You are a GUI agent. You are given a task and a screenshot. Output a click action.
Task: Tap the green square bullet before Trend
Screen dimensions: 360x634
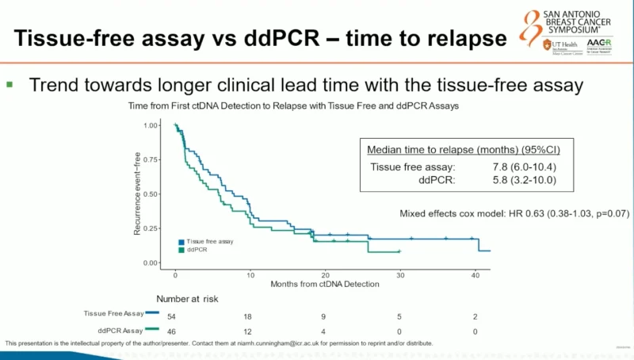[10, 83]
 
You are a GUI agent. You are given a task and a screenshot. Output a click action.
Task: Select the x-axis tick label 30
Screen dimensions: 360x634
[400, 274]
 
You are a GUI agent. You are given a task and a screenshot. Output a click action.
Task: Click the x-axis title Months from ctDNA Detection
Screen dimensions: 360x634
[325, 283]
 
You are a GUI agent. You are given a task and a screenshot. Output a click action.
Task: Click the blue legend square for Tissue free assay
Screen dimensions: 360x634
[181, 241]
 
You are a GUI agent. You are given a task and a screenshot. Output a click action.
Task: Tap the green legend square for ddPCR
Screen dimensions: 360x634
[181, 250]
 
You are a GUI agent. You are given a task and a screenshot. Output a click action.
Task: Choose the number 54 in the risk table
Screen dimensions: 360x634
[175, 315]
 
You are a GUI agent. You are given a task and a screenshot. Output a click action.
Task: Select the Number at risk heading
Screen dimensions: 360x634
[187, 299]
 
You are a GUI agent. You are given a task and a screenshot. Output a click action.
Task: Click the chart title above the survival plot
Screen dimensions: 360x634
[290, 105]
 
